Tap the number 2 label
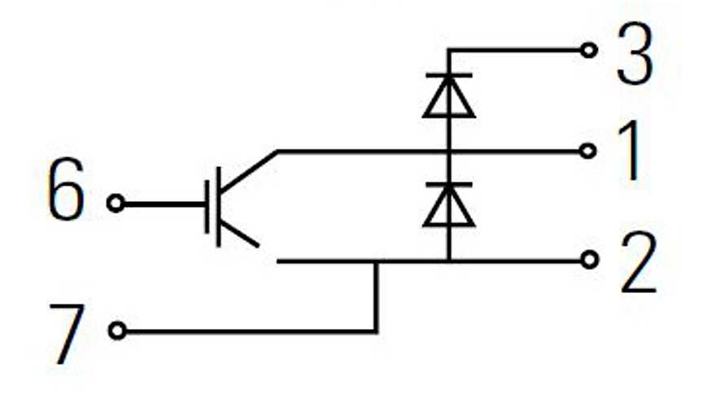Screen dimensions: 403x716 637,265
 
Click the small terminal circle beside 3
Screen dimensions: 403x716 590,50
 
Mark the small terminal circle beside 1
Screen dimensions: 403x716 590,151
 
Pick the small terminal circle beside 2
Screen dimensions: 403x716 590,260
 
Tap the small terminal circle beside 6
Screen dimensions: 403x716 116,203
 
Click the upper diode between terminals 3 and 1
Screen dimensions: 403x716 448,96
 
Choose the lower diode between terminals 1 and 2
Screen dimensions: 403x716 448,205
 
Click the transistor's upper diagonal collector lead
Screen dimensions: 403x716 248,168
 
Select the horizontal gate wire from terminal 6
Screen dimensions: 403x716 163,203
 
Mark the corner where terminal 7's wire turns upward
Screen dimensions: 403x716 376,331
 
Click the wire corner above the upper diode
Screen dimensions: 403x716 448,50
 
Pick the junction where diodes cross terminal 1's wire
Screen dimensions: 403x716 448,151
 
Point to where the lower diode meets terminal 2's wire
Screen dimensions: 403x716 448,261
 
